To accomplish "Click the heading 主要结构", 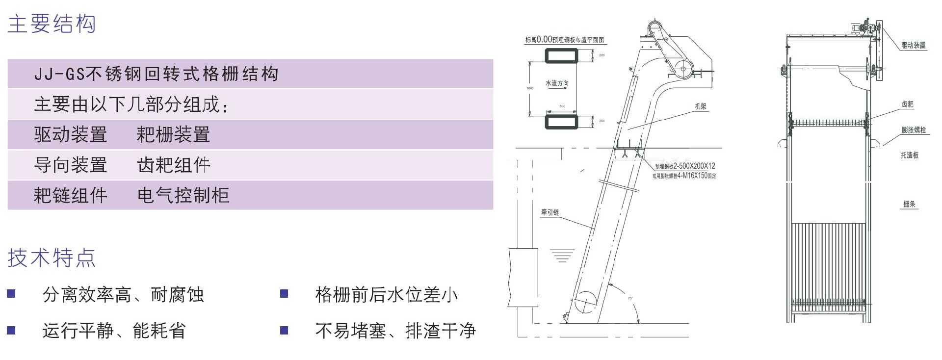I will point(52,24).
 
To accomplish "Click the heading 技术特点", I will point(52,258).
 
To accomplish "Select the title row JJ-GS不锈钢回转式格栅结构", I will point(156,74).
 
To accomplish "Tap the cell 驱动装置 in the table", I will point(71,134).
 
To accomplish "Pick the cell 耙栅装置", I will point(173,134).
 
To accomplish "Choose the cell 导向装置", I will point(71,165).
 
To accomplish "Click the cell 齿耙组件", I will point(174,165).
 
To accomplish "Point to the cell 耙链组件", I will point(71,195).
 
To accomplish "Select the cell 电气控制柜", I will point(183,195).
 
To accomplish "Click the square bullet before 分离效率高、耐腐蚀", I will point(11,294).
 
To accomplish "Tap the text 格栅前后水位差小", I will point(386,295).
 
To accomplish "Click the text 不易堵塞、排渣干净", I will point(395,331).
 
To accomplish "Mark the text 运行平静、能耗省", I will point(114,331).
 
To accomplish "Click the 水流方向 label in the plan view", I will point(557,83).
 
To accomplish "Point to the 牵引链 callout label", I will point(549,212).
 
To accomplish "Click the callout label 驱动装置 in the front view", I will point(913,45).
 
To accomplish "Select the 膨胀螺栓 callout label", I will point(914,130).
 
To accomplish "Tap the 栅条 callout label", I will point(909,204).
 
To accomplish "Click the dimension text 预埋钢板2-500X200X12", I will point(685,166).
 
